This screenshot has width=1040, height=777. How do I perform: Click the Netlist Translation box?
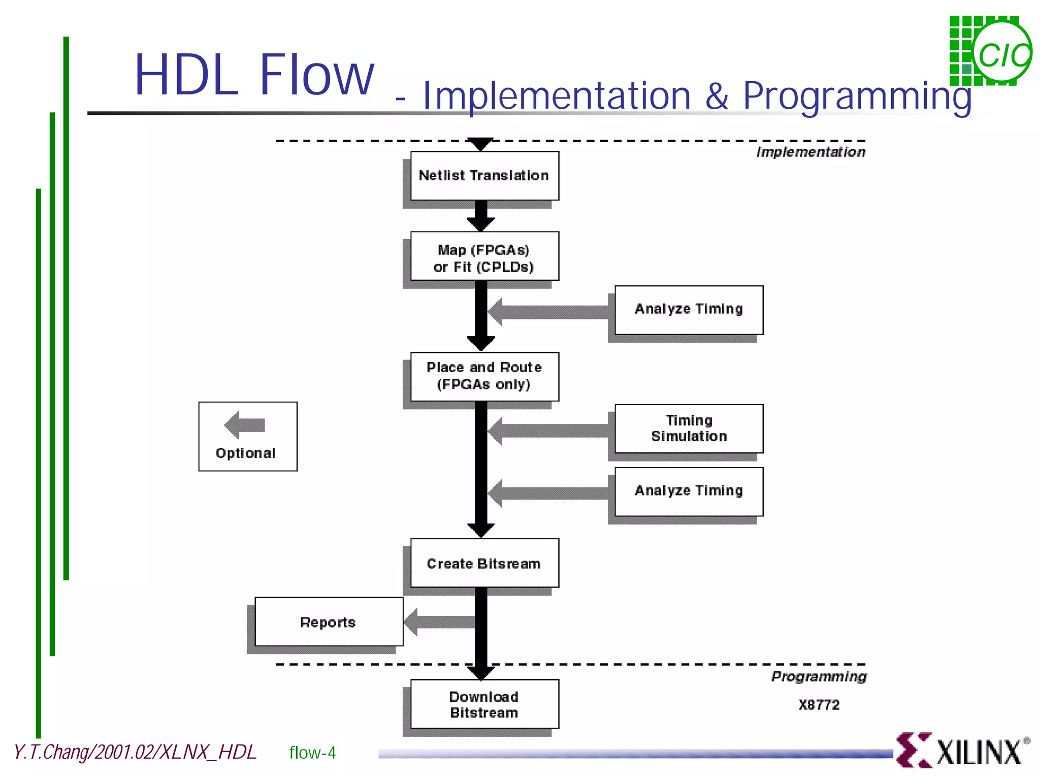click(484, 176)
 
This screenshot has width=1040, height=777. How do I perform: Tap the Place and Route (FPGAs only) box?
click(484, 376)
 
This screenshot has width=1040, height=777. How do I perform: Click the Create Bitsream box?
click(484, 563)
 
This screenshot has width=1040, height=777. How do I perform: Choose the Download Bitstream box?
click(484, 704)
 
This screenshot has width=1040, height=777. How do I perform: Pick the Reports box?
click(329, 622)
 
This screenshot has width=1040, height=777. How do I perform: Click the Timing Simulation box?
click(689, 428)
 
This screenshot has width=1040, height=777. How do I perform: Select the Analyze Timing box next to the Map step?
click(689, 309)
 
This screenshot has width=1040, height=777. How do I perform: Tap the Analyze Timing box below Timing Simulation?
click(689, 491)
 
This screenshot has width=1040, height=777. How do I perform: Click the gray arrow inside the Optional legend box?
click(245, 425)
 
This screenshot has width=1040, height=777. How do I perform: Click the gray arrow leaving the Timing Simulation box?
click(548, 431)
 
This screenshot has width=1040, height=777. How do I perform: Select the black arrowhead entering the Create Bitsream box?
click(481, 530)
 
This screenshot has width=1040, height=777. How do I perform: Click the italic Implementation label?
click(810, 152)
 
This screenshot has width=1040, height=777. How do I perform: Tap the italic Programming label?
click(819, 676)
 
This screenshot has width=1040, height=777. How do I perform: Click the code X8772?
click(819, 705)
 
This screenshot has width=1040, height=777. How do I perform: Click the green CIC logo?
click(990, 51)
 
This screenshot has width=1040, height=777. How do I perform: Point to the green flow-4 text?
click(312, 753)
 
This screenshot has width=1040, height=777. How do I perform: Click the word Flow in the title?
click(317, 75)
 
